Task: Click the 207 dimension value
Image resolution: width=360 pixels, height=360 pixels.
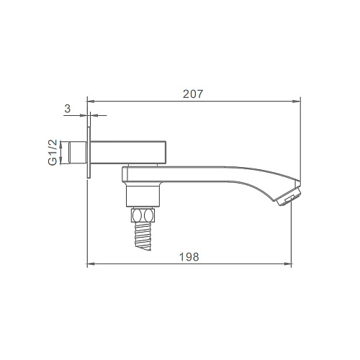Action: point(193,94)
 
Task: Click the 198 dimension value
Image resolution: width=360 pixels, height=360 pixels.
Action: point(189,257)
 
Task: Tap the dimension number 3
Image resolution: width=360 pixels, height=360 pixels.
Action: point(68,109)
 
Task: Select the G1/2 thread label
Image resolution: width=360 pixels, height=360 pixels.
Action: point(53,153)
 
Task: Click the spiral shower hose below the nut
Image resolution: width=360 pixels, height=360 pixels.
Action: point(143,236)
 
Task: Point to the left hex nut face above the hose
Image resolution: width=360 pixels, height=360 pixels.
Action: point(138,215)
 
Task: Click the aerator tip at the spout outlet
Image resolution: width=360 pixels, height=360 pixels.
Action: point(289,196)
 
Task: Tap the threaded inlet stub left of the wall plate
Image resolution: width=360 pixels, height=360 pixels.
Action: point(78,153)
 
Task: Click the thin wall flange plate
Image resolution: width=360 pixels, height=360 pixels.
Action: point(89,153)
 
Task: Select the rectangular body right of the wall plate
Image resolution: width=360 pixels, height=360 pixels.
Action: point(128,153)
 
